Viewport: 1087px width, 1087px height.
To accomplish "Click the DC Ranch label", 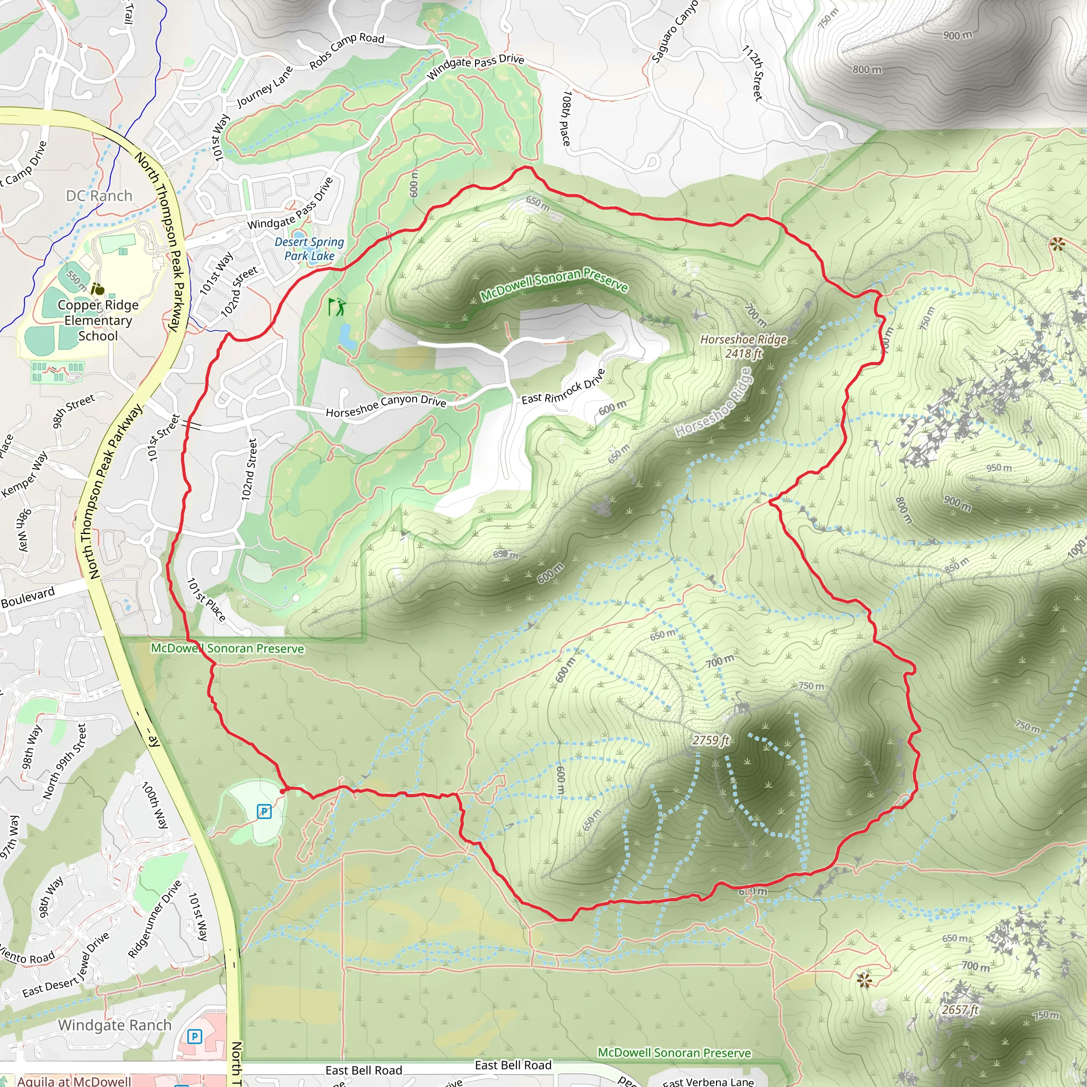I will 99,196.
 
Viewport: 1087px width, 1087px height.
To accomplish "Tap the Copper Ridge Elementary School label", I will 98,320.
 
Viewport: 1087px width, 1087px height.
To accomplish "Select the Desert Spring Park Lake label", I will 309,249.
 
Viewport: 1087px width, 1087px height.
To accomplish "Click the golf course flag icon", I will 337,307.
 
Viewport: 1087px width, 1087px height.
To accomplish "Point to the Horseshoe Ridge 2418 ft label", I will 743,346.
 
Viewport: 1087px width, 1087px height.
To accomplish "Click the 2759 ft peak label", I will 711,740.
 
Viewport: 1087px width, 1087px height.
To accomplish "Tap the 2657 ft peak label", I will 960,1010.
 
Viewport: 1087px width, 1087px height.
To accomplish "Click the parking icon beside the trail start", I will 264,812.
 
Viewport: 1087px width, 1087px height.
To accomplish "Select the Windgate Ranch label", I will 115,1025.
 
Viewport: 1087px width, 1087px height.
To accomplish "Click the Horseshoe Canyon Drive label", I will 386,406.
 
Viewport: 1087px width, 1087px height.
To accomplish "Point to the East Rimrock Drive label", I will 563,387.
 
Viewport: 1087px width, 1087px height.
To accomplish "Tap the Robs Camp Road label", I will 347,51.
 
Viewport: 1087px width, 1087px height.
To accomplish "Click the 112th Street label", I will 754,73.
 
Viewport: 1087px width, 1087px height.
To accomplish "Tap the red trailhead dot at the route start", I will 282,790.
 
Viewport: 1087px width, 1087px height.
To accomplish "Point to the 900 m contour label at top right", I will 957,35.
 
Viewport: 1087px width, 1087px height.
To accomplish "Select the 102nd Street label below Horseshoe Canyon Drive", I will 249,470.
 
